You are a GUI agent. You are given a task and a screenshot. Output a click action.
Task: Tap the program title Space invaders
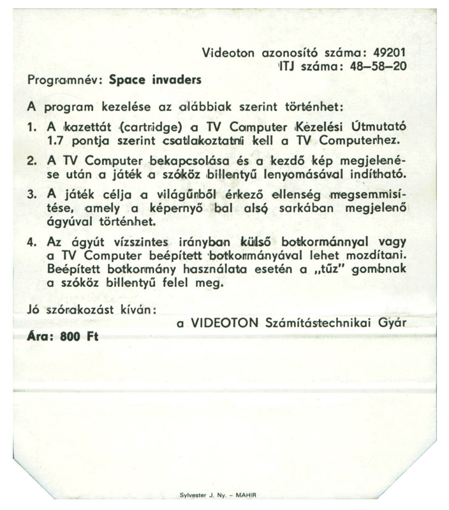pyautogui.click(x=155, y=81)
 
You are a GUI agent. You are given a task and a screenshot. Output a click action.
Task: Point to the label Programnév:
pyautogui.click(x=66, y=81)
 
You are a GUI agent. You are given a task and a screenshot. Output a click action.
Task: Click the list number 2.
pyautogui.click(x=32, y=161)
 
